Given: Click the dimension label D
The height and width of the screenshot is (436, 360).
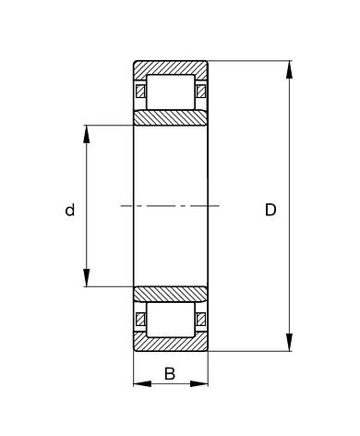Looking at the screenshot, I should coord(270,211).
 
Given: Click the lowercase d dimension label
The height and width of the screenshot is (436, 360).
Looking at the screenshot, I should coord(69,211).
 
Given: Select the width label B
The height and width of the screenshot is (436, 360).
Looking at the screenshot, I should coord(170,374).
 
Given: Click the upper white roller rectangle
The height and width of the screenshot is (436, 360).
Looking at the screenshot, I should coord(170,91).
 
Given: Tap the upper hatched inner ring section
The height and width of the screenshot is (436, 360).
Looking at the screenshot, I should coord(170,117).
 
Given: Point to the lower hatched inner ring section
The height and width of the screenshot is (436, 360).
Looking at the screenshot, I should coord(170,294).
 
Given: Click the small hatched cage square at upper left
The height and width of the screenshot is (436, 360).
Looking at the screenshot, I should coord(140,91).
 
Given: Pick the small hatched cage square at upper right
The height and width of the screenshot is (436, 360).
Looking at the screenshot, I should coord(200,91).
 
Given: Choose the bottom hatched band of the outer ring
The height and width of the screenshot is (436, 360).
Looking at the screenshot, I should coord(170,344).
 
